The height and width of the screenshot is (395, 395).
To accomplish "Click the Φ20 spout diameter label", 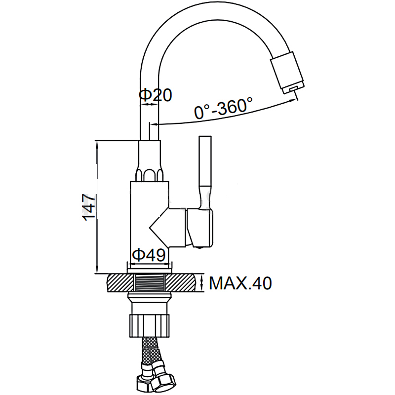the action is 155,95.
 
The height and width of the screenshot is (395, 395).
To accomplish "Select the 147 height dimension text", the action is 89,207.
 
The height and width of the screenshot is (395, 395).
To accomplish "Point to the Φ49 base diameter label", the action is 149,255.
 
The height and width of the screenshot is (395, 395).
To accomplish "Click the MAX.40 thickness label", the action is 240,283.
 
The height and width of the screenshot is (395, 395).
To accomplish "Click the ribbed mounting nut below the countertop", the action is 150,325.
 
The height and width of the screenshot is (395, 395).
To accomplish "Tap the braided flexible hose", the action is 151,351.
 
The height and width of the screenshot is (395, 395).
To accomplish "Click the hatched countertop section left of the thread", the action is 120,282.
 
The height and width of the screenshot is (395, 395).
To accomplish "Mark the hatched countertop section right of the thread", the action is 181,282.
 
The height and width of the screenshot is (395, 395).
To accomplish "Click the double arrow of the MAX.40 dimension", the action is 201,282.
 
